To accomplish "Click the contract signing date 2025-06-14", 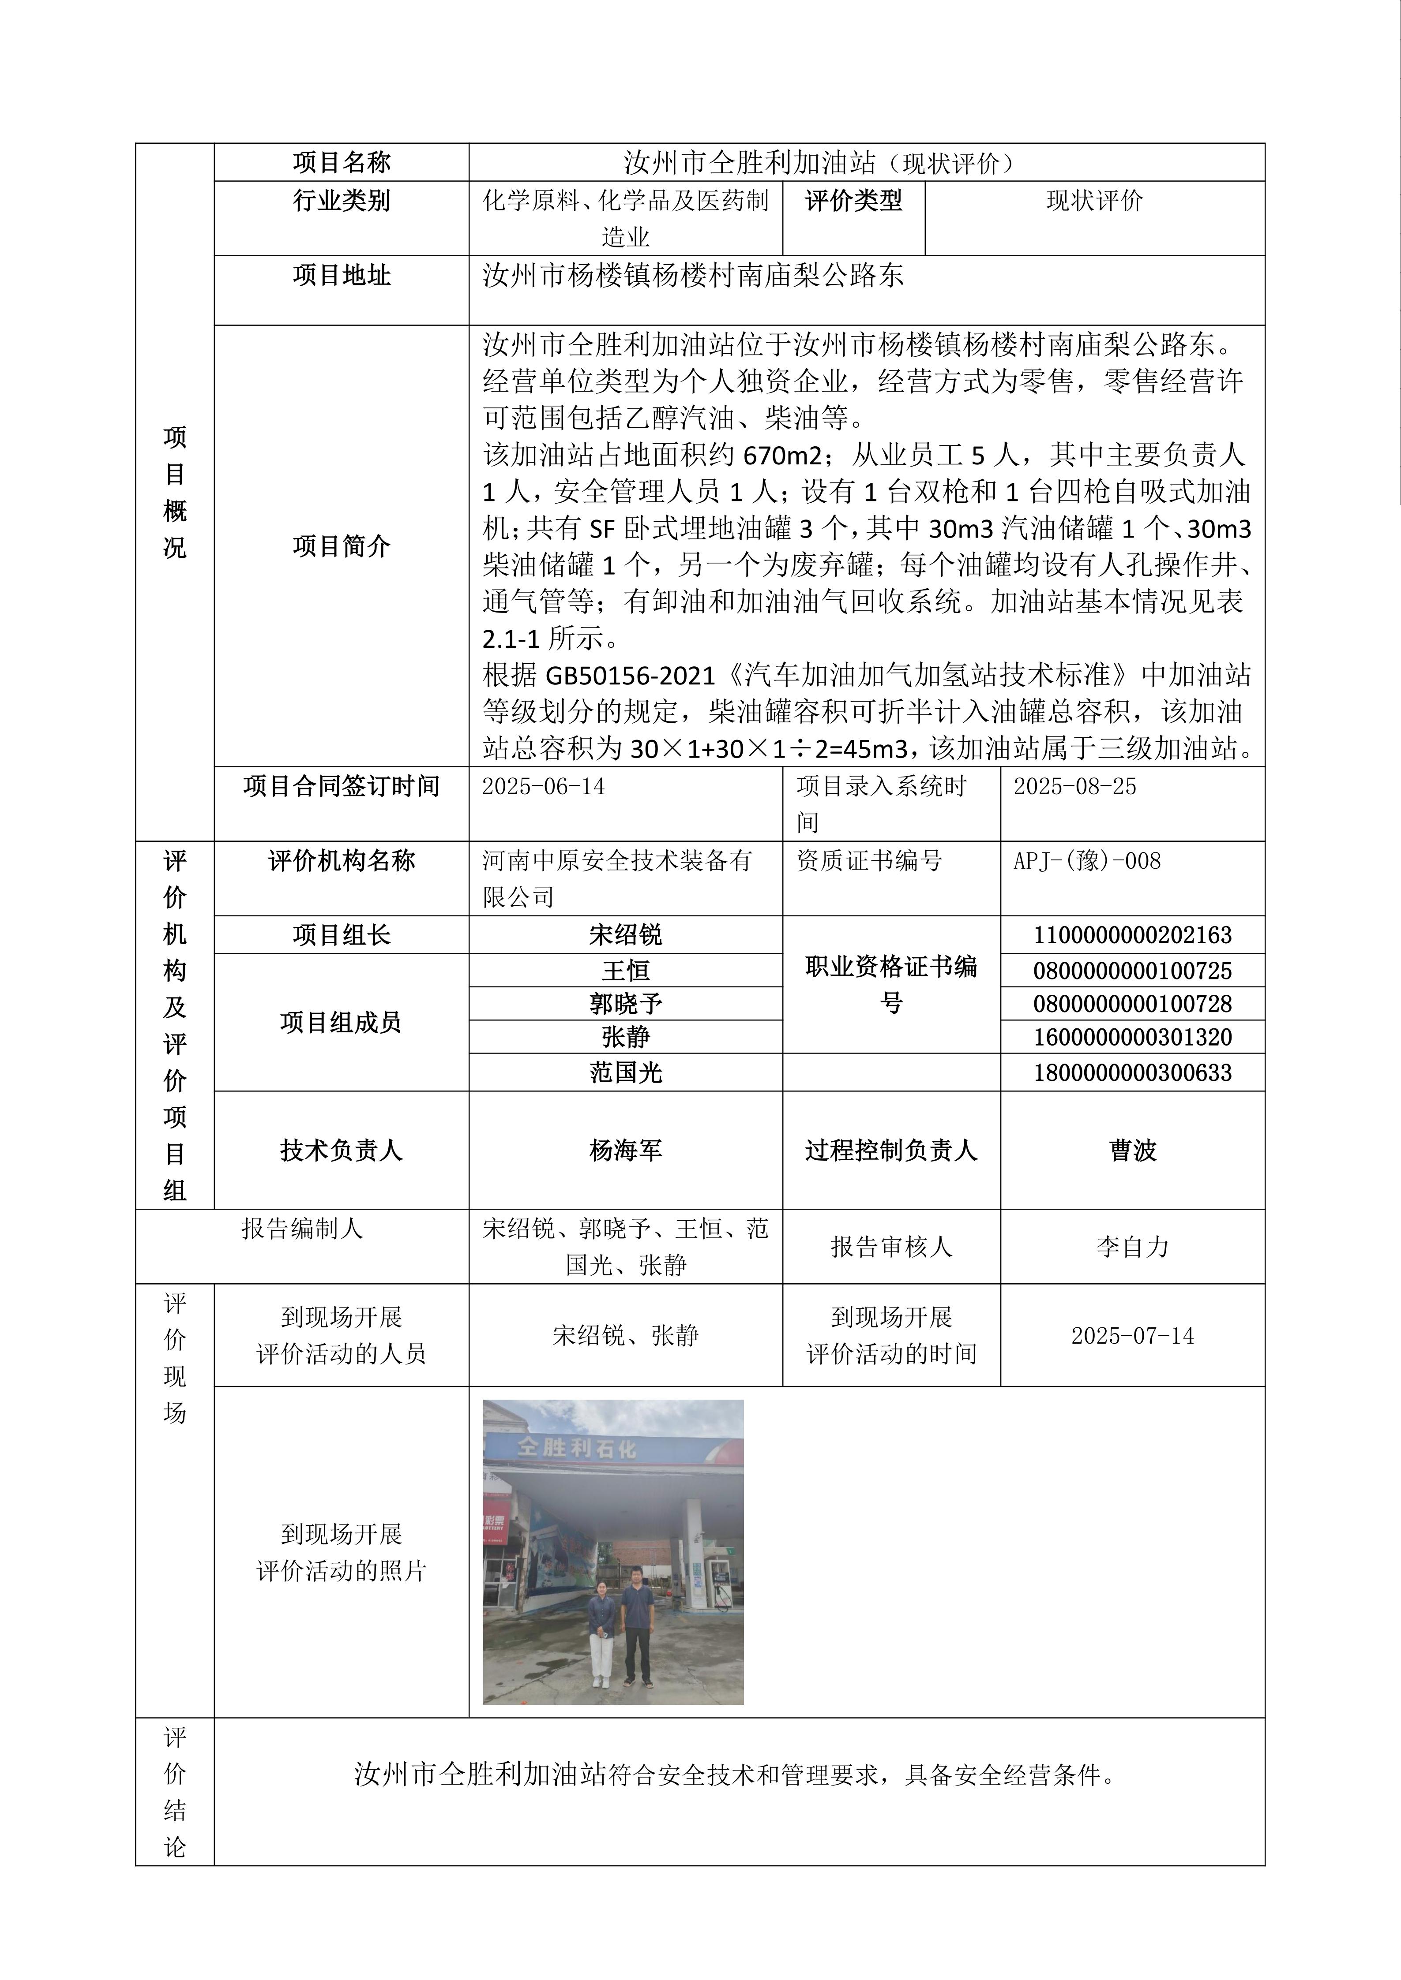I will tap(544, 786).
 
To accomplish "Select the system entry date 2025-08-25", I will tap(1075, 786).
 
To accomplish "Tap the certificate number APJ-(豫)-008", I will tap(1087, 861).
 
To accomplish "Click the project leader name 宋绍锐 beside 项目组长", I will tap(625, 935).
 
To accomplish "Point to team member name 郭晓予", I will tap(625, 1004).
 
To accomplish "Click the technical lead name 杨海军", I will tap(625, 1151).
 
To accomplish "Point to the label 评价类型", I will tap(853, 201).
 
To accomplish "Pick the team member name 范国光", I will tap(625, 1073).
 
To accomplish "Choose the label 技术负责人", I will tap(342, 1151).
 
